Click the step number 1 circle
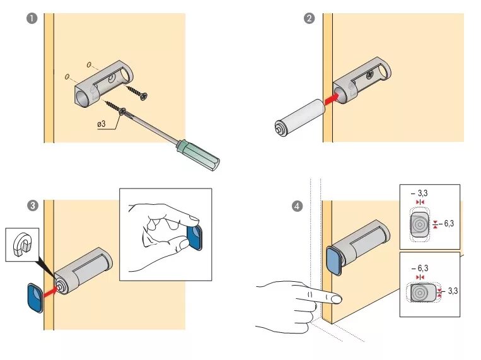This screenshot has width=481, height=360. (32, 18)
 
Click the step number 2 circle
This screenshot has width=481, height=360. (309, 18)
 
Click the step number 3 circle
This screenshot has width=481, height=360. (33, 206)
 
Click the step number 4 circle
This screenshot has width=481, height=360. (297, 206)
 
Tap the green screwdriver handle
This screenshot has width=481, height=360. (198, 155)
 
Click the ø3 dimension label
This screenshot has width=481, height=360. (101, 124)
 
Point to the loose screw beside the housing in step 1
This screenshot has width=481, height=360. (137, 93)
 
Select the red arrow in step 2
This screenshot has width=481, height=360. (332, 100)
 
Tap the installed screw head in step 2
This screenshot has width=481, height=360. (370, 74)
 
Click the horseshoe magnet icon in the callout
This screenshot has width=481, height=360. (22, 244)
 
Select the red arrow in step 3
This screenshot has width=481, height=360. (50, 292)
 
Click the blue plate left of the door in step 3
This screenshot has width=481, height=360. (35, 298)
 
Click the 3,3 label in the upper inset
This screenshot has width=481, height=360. (422, 194)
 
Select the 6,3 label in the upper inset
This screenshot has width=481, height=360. (449, 224)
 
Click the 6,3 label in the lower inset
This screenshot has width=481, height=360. (423, 268)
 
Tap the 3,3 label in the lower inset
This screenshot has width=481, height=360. (453, 291)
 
